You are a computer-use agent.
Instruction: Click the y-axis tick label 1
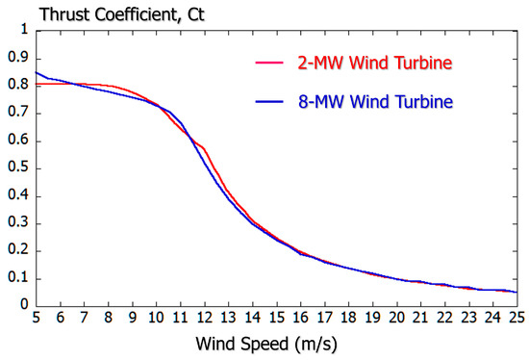click(x=24, y=30)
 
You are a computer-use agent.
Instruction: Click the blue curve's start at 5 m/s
click(x=37, y=72)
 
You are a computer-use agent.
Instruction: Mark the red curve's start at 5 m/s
click(x=37, y=84)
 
